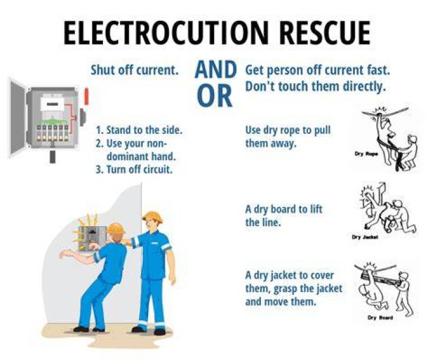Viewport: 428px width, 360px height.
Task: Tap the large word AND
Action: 216,70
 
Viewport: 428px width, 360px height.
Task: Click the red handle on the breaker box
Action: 87,96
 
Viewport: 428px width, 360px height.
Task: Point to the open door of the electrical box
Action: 18,117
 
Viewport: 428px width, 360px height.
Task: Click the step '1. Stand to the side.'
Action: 139,130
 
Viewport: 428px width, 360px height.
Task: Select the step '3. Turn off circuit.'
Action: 134,170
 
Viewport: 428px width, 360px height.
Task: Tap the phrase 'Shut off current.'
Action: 134,70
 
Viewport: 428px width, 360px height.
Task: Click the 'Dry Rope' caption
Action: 366,154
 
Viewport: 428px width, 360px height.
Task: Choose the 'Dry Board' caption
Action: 380,318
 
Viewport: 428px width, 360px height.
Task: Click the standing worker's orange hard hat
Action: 152,217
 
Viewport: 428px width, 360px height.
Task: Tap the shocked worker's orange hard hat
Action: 115,228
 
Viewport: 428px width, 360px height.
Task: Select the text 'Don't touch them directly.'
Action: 316,87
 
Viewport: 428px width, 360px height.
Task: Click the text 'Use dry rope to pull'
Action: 288,130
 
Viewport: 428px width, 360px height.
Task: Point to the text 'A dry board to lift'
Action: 284,209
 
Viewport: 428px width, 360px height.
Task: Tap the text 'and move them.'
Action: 281,302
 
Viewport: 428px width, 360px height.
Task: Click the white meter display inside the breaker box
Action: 52,105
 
